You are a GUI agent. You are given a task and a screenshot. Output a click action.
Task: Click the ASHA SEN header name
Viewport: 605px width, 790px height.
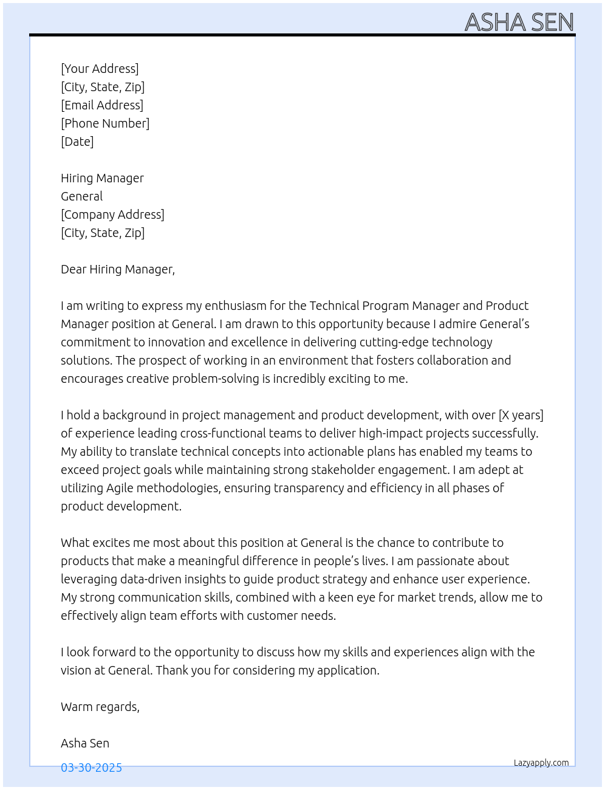[519, 22]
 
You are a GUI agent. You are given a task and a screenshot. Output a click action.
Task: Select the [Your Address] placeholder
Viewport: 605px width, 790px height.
[100, 69]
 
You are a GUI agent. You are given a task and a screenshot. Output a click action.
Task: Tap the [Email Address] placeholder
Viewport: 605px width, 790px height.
[102, 105]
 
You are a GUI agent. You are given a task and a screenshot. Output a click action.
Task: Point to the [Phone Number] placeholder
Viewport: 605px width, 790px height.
[105, 123]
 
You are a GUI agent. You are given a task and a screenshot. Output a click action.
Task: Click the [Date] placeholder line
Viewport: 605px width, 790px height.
[77, 142]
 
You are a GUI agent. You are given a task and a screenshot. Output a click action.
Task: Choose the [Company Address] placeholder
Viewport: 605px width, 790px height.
[112, 215]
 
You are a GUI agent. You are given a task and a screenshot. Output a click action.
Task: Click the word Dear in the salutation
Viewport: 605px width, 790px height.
[73, 269]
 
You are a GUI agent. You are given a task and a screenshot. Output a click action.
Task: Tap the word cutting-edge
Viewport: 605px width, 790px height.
[394, 342]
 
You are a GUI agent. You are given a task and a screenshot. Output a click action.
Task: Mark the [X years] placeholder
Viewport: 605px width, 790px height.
[521, 415]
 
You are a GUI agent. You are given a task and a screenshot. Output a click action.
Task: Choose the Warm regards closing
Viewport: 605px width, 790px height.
[100, 707]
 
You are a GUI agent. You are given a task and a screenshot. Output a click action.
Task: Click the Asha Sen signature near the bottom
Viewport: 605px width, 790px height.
[85, 743]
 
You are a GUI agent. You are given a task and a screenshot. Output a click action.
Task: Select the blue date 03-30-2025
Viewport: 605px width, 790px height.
[91, 768]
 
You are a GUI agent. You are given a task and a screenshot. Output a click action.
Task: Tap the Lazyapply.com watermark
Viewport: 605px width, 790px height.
[541, 763]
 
